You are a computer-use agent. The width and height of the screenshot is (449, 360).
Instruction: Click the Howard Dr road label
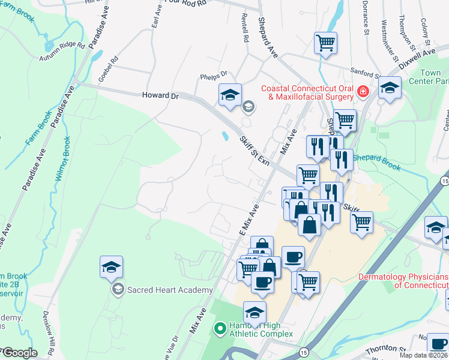click(x=160, y=95)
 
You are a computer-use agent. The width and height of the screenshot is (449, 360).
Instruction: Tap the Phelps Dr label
click(x=214, y=74)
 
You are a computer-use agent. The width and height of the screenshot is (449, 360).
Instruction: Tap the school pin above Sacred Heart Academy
click(x=111, y=267)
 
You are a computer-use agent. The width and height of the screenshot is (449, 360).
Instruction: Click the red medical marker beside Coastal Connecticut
click(x=363, y=92)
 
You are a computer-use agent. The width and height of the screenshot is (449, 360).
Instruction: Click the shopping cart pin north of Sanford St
click(x=325, y=43)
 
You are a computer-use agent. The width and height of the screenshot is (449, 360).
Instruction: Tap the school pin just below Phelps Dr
click(x=230, y=95)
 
